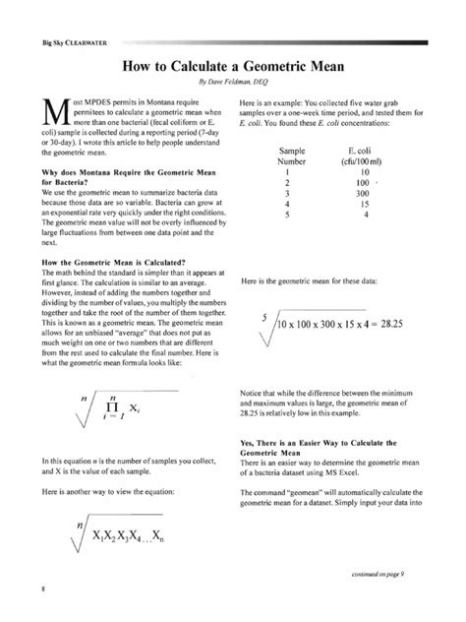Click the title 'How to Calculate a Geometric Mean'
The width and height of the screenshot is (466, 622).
tap(234, 68)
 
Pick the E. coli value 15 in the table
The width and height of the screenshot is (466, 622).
tap(363, 177)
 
